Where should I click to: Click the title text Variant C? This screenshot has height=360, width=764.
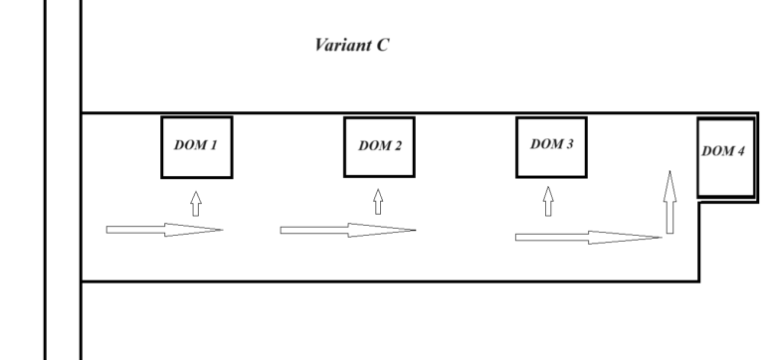tap(352, 46)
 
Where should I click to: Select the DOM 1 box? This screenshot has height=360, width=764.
tap(196, 146)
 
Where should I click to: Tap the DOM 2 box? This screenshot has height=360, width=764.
tap(379, 146)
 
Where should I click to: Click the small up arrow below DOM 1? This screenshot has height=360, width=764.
tap(196, 204)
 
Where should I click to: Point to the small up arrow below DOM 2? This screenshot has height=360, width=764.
tap(378, 203)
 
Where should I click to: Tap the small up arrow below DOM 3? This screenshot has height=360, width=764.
tap(547, 203)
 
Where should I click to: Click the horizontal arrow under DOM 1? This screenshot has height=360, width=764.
tap(164, 230)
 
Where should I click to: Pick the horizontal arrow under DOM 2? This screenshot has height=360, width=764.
tap(347, 231)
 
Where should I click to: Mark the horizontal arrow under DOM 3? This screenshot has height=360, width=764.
tap(588, 237)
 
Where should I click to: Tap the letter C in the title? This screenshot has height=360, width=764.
tap(383, 46)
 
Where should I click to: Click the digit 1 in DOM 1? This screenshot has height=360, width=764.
tap(214, 145)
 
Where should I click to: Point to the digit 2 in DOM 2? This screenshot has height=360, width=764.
tap(398, 146)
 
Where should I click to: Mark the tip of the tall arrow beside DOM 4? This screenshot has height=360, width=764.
tap(670, 172)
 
